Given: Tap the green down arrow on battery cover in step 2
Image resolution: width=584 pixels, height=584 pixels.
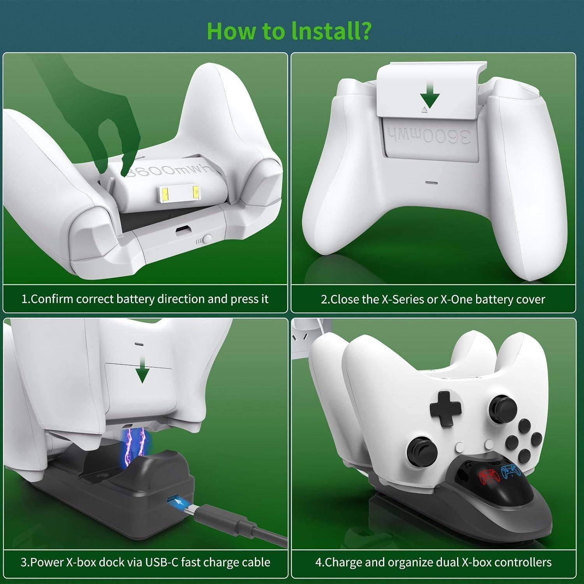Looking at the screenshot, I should click(429, 95).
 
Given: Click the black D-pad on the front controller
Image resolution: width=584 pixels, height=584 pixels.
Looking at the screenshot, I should click(444, 408).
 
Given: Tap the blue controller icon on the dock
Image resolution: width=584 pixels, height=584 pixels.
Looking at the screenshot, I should click(510, 471).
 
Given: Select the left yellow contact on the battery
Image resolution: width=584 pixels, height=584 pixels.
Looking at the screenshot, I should click(165, 192).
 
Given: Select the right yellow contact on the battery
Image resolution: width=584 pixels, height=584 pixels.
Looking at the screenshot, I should click(195, 192).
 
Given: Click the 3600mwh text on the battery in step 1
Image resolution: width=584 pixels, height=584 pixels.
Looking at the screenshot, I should click(167, 170).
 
